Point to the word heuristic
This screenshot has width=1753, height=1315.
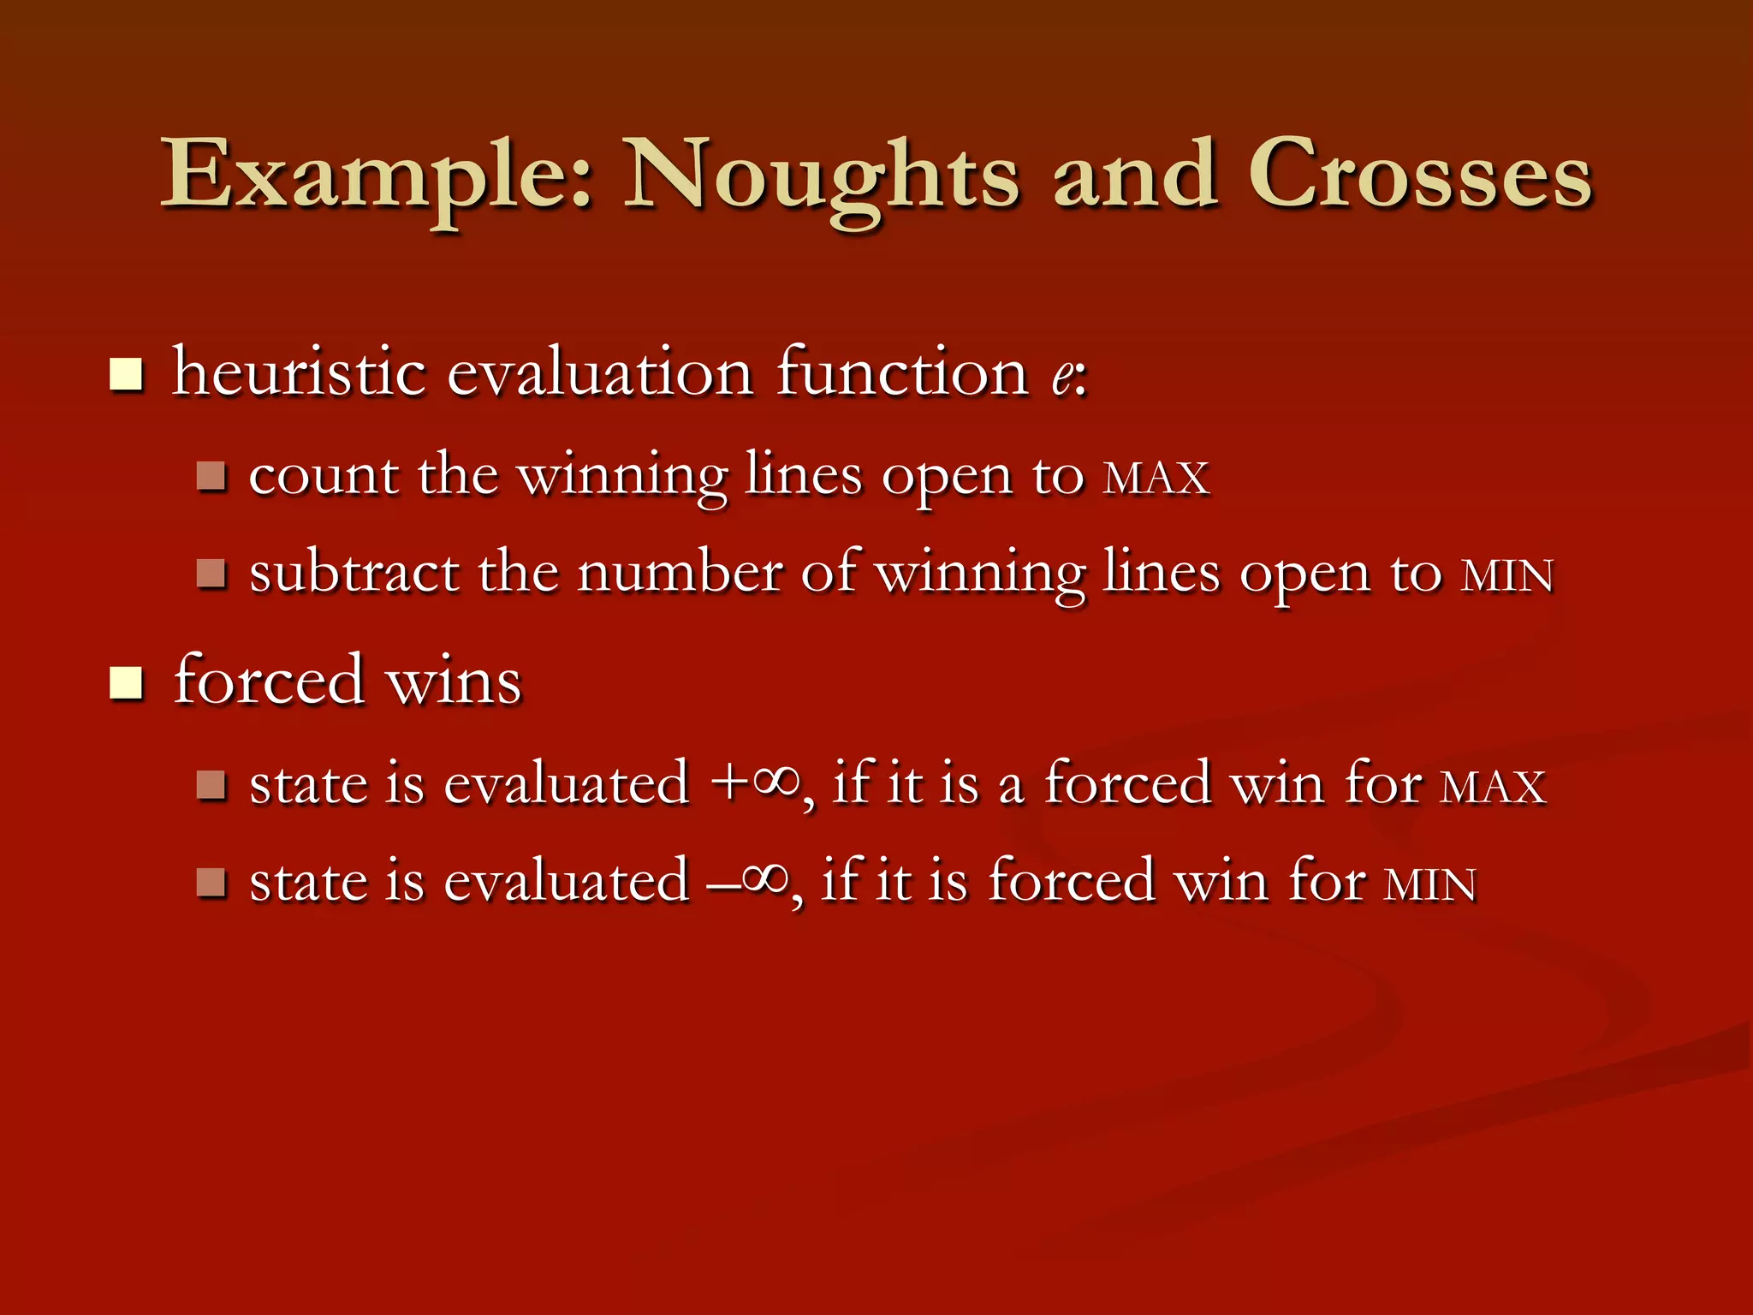click(x=300, y=373)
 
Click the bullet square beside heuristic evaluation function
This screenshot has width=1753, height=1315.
click(x=127, y=375)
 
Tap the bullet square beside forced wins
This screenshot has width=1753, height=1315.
click(x=127, y=683)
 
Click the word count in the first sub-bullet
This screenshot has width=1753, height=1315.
click(x=324, y=477)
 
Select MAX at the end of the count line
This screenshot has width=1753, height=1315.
click(x=1156, y=479)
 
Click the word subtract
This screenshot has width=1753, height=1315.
click(x=354, y=574)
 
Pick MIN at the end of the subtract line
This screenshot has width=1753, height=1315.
click(x=1506, y=576)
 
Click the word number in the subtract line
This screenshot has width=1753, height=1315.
click(x=680, y=574)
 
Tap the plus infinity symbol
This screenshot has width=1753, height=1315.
click(x=757, y=783)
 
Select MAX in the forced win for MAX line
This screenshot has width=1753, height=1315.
click(x=1493, y=787)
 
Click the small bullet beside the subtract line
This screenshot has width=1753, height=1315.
click(x=211, y=574)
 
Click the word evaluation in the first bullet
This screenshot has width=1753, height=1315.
click(x=600, y=373)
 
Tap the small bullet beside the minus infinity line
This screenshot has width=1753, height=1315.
click(x=211, y=882)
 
